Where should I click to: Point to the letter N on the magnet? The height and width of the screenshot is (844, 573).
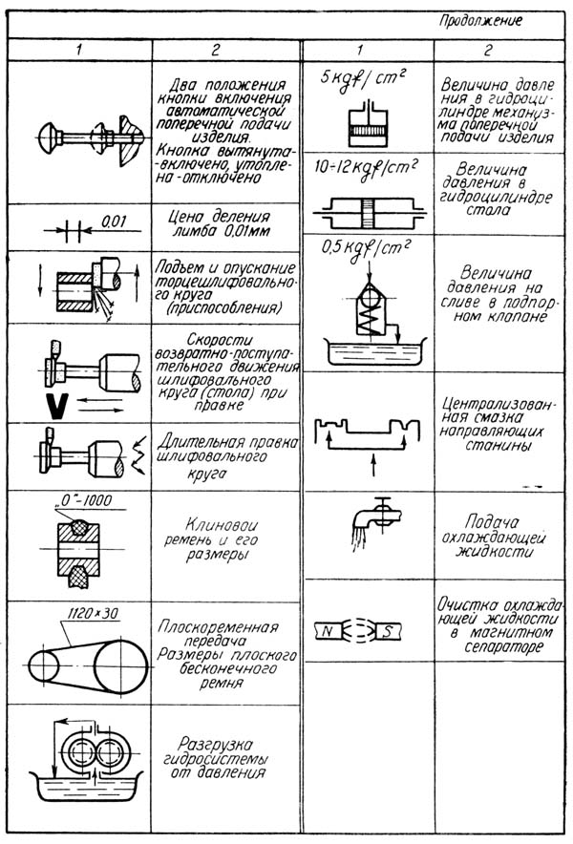[x=325, y=630]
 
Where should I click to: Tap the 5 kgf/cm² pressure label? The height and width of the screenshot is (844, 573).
[x=355, y=77]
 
